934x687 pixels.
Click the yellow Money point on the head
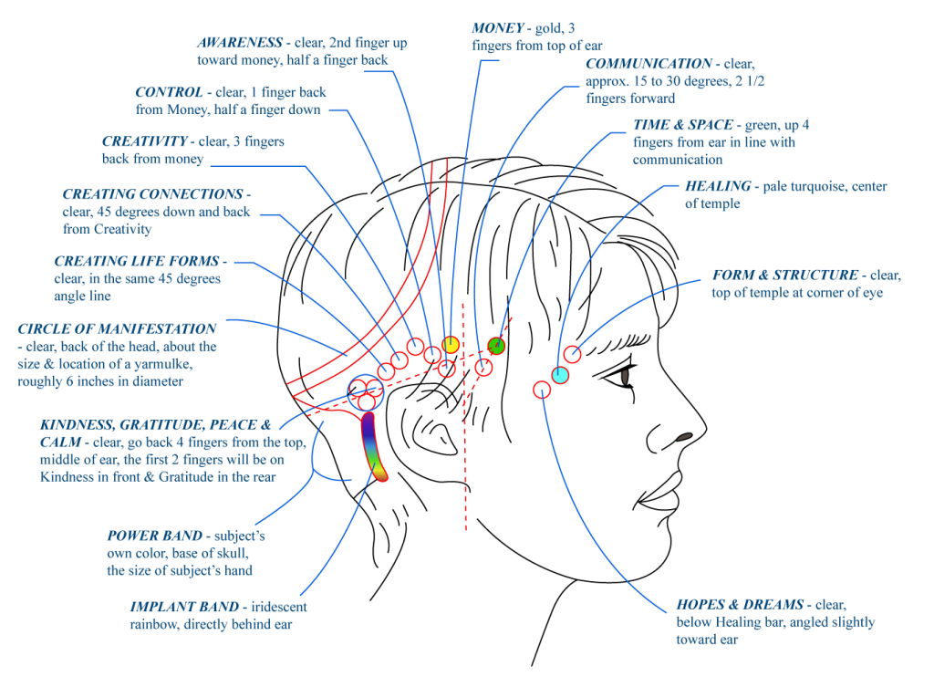pyautogui.click(x=451, y=344)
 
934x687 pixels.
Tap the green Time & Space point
pyautogui.click(x=496, y=346)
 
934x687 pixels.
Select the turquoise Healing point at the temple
pyautogui.click(x=560, y=375)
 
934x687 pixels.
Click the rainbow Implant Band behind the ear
pyautogui.click(x=373, y=446)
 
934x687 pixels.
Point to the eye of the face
pyautogui.click(x=624, y=377)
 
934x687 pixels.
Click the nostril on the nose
pyautogui.click(x=684, y=437)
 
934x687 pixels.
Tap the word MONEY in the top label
pyautogui.click(x=497, y=28)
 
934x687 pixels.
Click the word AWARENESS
pyautogui.click(x=240, y=42)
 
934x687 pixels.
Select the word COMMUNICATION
pyautogui.click(x=649, y=63)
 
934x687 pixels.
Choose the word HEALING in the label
pyautogui.click(x=718, y=186)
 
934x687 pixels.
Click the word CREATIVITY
pyautogui.click(x=145, y=141)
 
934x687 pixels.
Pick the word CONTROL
pyautogui.click(x=169, y=92)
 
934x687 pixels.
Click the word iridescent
pyautogui.click(x=279, y=607)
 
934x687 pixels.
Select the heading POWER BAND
pyautogui.click(x=155, y=536)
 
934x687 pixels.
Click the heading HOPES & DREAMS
pyautogui.click(x=740, y=604)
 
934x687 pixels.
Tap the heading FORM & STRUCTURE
pyautogui.click(x=785, y=275)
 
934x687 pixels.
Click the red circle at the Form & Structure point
pyautogui.click(x=573, y=354)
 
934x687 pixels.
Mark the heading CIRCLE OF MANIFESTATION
pyautogui.click(x=117, y=328)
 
